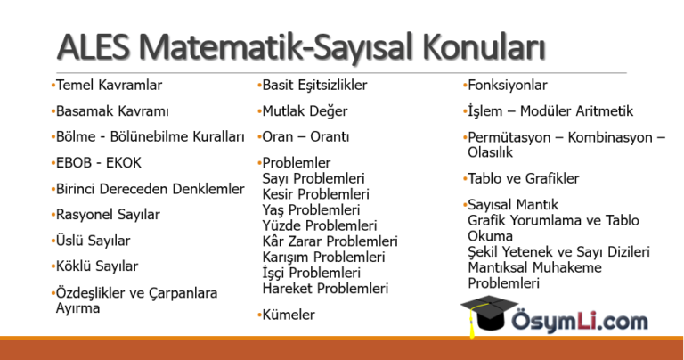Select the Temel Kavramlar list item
(x=109, y=85)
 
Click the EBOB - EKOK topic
(x=99, y=163)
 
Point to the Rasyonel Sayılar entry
(x=108, y=215)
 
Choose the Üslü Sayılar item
(x=93, y=241)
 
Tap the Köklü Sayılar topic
(x=97, y=266)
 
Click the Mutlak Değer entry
(x=305, y=111)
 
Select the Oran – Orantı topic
(x=305, y=137)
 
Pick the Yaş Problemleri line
(x=311, y=210)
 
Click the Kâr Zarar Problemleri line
(x=330, y=241)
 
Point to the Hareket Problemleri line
(x=325, y=289)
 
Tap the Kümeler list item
(x=289, y=315)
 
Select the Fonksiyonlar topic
(x=508, y=85)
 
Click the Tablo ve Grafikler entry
(x=524, y=178)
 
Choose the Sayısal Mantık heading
(x=513, y=205)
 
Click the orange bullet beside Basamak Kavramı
(x=53, y=110)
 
